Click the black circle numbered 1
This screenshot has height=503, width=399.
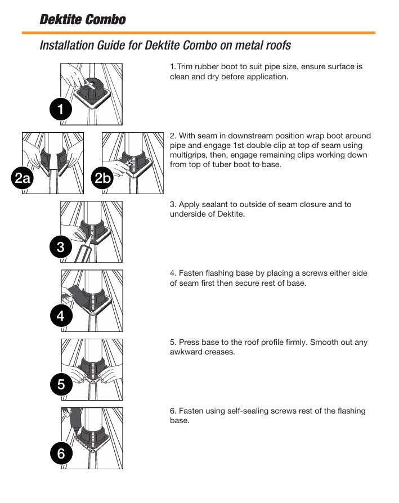(x=61, y=109)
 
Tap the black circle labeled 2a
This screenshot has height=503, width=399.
(x=22, y=179)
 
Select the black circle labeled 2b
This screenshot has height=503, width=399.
(x=102, y=179)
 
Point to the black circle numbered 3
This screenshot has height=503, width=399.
(x=61, y=247)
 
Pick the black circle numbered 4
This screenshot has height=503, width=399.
(x=61, y=316)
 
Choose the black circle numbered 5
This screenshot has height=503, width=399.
(x=61, y=385)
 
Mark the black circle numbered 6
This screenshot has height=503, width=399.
(x=61, y=453)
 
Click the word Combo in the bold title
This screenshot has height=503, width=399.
(x=105, y=20)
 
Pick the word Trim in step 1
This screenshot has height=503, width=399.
(x=185, y=66)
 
